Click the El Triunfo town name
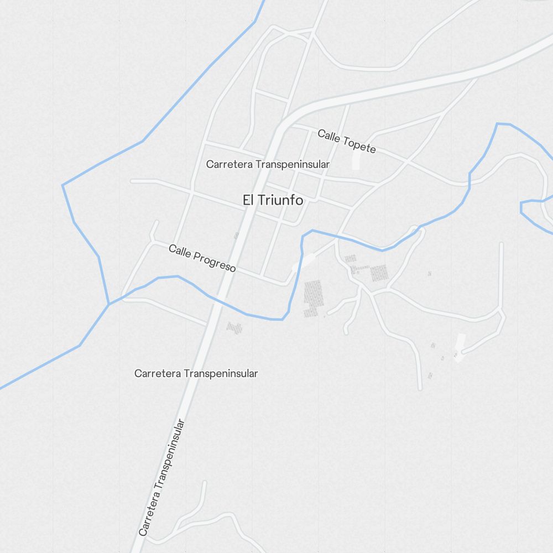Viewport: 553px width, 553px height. (273, 200)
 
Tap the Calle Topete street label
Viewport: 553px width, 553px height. (347, 142)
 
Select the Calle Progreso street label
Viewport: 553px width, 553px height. (202, 258)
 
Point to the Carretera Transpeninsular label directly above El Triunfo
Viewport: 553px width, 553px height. (268, 164)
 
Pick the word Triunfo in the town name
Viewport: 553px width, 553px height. (280, 200)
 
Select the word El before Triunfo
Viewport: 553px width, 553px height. (248, 200)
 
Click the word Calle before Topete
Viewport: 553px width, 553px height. (329, 135)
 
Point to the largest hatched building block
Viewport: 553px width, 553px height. (313, 298)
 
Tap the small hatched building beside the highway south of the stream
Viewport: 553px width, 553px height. (234, 328)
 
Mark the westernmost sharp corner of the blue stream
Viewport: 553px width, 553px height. (62, 185)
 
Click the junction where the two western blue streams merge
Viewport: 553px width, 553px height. (109, 304)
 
